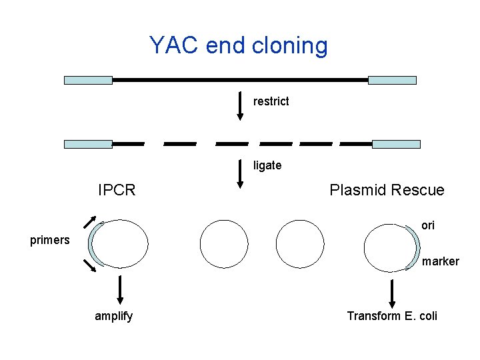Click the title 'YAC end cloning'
(x=239, y=45)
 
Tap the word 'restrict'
(x=271, y=101)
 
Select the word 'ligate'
(x=267, y=165)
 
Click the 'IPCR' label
(x=117, y=190)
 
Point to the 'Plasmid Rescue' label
(x=387, y=190)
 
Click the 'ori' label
(x=428, y=225)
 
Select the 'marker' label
(x=440, y=261)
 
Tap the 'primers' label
(x=50, y=240)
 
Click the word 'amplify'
(x=113, y=316)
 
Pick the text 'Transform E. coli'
(x=392, y=316)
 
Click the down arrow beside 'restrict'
(x=241, y=107)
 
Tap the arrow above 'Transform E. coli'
(x=392, y=293)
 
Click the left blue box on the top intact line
(x=88, y=80)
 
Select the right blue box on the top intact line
(x=392, y=80)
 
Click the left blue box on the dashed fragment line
(x=88, y=144)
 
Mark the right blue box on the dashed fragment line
(x=396, y=144)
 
